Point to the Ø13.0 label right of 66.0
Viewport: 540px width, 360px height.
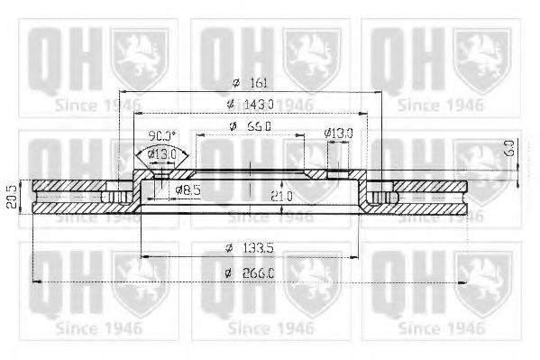pos(340,134)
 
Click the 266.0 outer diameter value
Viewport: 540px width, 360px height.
pos(261,272)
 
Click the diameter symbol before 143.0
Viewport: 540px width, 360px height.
pos(232,105)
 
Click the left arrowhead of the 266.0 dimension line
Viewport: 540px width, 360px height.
pos(35,282)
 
